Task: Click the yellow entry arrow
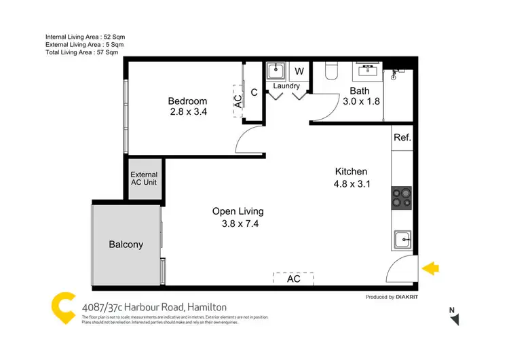pos(430,268)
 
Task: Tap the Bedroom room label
pos(187,102)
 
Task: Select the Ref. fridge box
pos(402,137)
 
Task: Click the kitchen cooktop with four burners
pos(402,198)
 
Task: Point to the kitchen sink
pos(402,239)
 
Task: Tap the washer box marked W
pos(299,71)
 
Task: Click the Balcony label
pos(126,245)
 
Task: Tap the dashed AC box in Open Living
pos(293,278)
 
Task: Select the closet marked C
pos(254,93)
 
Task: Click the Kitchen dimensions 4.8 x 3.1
pos(351,184)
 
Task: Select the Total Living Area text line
pos(81,52)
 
